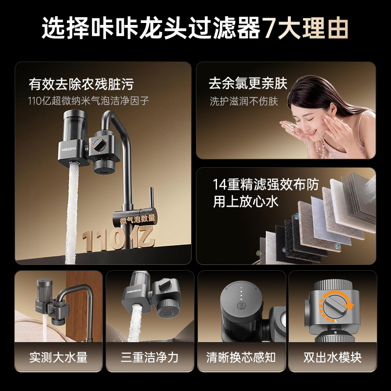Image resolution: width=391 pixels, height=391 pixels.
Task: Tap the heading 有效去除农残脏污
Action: (x=81, y=84)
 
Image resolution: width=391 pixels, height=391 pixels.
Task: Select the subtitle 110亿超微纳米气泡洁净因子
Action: (x=88, y=101)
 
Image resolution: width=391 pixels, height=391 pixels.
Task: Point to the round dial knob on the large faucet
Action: (x=99, y=145)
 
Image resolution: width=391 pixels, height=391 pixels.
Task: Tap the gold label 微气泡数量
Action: (x=137, y=218)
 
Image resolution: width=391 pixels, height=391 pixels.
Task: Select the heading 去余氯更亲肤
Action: (x=248, y=83)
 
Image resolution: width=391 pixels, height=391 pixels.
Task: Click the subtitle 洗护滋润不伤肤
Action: (x=243, y=102)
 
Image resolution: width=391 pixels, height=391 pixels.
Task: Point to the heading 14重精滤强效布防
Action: (x=265, y=185)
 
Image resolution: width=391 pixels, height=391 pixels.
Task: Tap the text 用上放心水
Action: (x=245, y=202)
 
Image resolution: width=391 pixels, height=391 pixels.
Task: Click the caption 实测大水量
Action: (x=58, y=357)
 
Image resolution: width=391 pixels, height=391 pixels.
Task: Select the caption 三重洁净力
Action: (x=150, y=357)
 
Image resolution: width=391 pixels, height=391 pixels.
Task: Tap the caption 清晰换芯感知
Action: (x=241, y=357)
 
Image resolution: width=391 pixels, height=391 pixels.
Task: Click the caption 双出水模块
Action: (x=332, y=357)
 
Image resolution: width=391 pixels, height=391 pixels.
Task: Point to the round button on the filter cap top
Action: (x=241, y=305)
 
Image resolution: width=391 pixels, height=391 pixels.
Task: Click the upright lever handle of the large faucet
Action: (x=152, y=198)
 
